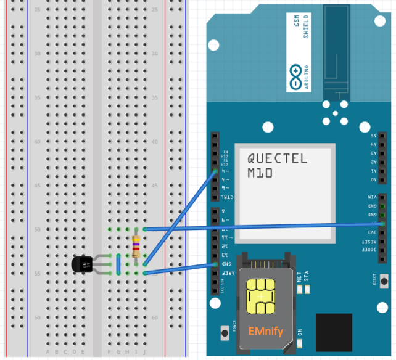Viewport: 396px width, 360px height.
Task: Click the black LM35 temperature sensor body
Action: (x=81, y=264)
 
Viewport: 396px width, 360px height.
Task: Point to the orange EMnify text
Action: (x=266, y=332)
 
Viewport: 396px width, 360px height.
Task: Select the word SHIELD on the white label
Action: (x=306, y=28)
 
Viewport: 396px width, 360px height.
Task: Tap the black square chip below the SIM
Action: (x=333, y=332)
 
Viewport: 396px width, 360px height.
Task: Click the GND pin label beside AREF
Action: (x=224, y=263)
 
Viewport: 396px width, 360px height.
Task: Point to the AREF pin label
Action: (x=224, y=272)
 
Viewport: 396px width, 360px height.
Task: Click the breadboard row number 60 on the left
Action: (x=37, y=317)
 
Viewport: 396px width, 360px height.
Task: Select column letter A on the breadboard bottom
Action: (x=48, y=352)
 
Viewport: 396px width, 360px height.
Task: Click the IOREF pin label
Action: (x=371, y=250)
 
